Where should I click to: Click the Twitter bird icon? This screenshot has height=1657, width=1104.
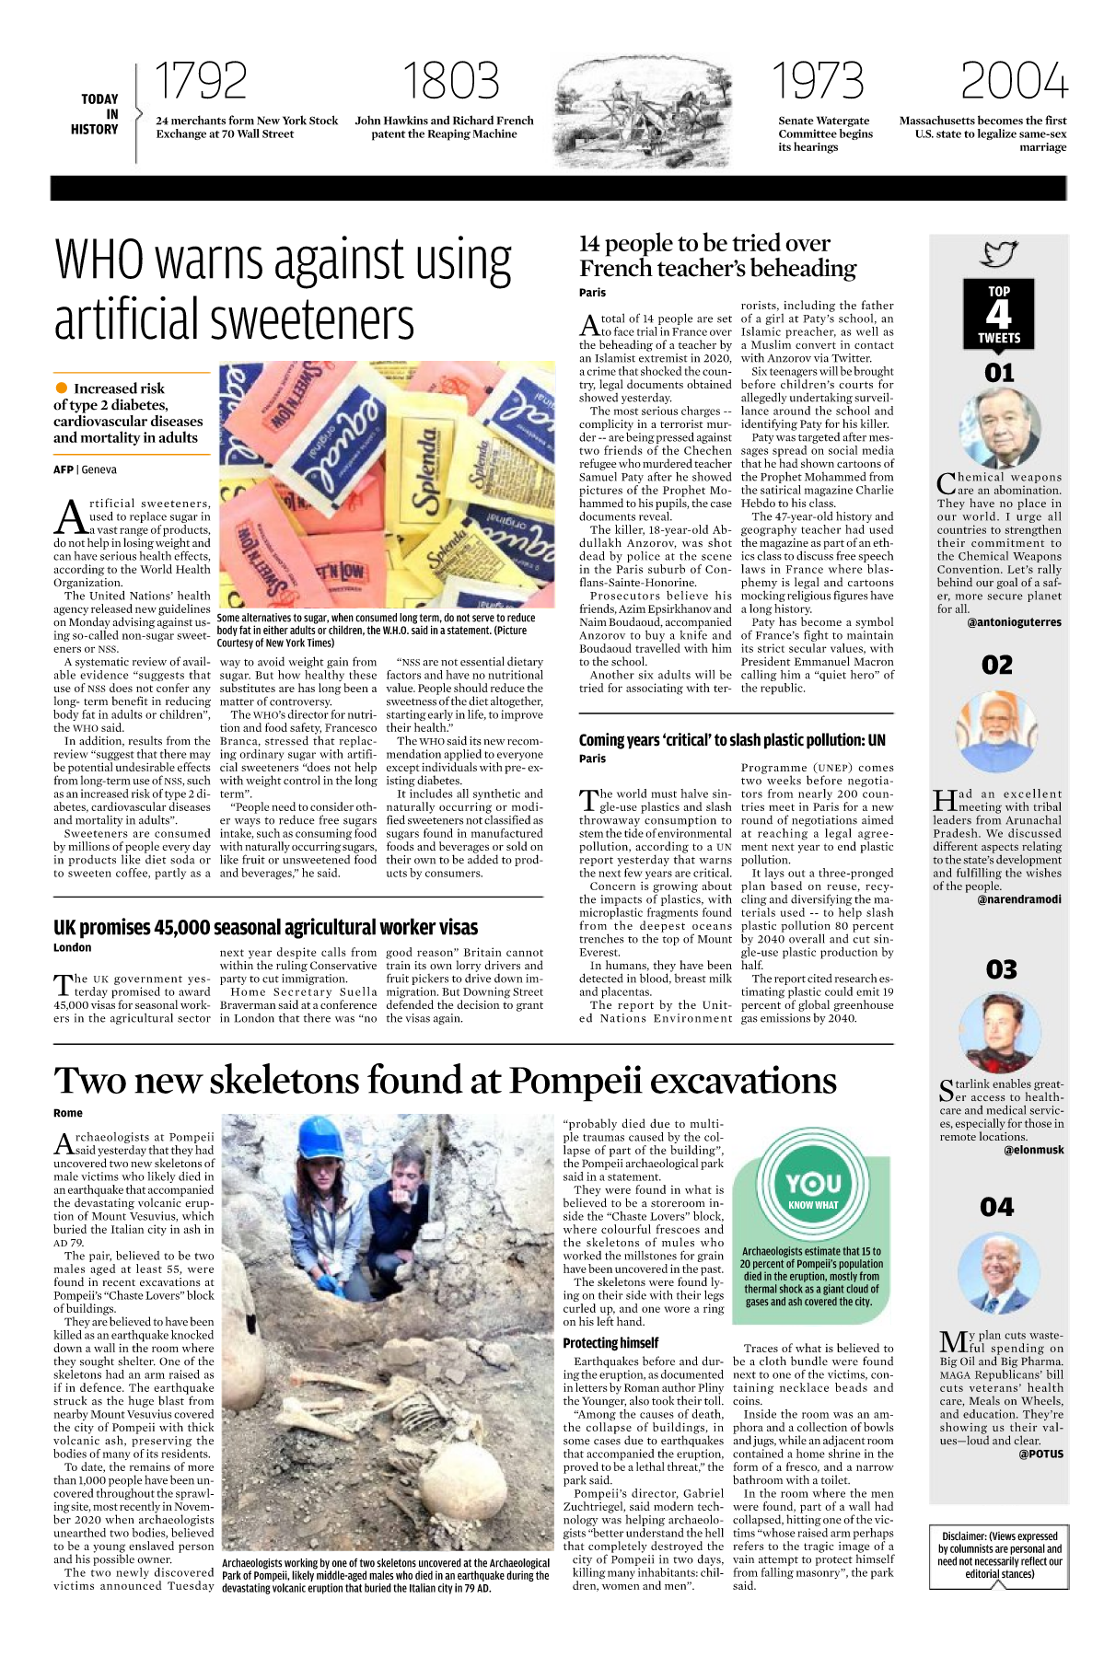click(999, 253)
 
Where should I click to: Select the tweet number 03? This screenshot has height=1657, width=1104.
click(1001, 969)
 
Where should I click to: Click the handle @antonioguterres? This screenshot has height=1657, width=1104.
click(1014, 622)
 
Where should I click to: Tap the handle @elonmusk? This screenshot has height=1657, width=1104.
click(1033, 1150)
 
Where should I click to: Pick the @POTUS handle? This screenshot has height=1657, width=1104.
click(1040, 1454)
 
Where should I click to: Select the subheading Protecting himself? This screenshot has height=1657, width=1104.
click(610, 1343)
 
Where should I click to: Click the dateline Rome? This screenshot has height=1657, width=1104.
click(68, 1113)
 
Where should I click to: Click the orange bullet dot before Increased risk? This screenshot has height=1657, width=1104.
click(62, 388)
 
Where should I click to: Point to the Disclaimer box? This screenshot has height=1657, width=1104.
click(999, 1555)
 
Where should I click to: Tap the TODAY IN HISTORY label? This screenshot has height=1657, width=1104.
click(96, 114)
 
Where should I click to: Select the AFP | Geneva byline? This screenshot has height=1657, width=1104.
click(85, 469)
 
